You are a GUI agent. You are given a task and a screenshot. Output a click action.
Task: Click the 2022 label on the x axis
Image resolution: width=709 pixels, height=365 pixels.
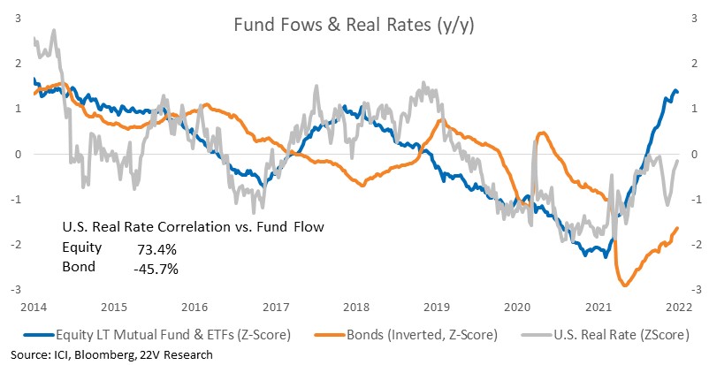click(679, 308)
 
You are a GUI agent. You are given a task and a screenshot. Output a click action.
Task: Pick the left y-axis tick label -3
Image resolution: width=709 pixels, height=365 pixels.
click(18, 289)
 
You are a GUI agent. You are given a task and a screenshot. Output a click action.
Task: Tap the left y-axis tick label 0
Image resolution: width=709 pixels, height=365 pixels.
click(19, 154)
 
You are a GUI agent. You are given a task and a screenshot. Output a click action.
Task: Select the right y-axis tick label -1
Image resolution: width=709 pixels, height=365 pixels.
click(691, 199)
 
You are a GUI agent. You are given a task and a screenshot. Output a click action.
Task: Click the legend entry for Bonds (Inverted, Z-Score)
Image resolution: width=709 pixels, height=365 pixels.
click(406, 335)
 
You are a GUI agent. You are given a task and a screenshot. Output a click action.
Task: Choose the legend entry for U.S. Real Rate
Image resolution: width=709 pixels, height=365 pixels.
click(606, 335)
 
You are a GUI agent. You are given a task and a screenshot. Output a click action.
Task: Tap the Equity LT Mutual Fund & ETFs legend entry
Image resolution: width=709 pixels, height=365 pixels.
click(156, 335)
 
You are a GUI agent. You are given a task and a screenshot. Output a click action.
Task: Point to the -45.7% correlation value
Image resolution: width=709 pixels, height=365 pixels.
click(156, 270)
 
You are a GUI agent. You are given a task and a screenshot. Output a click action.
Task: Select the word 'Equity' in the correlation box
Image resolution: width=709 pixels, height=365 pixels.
click(82, 247)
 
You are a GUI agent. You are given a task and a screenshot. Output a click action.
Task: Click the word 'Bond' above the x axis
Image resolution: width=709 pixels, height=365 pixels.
click(79, 267)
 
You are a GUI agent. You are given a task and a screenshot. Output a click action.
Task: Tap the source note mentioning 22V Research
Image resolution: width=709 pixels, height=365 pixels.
click(111, 354)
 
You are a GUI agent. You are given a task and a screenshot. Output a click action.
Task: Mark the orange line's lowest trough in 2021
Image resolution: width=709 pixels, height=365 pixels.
click(625, 285)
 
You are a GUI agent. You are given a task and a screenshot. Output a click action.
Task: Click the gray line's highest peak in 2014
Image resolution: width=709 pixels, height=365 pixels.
click(54, 30)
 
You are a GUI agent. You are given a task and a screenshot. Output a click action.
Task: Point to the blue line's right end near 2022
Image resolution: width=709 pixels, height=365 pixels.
click(677, 92)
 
